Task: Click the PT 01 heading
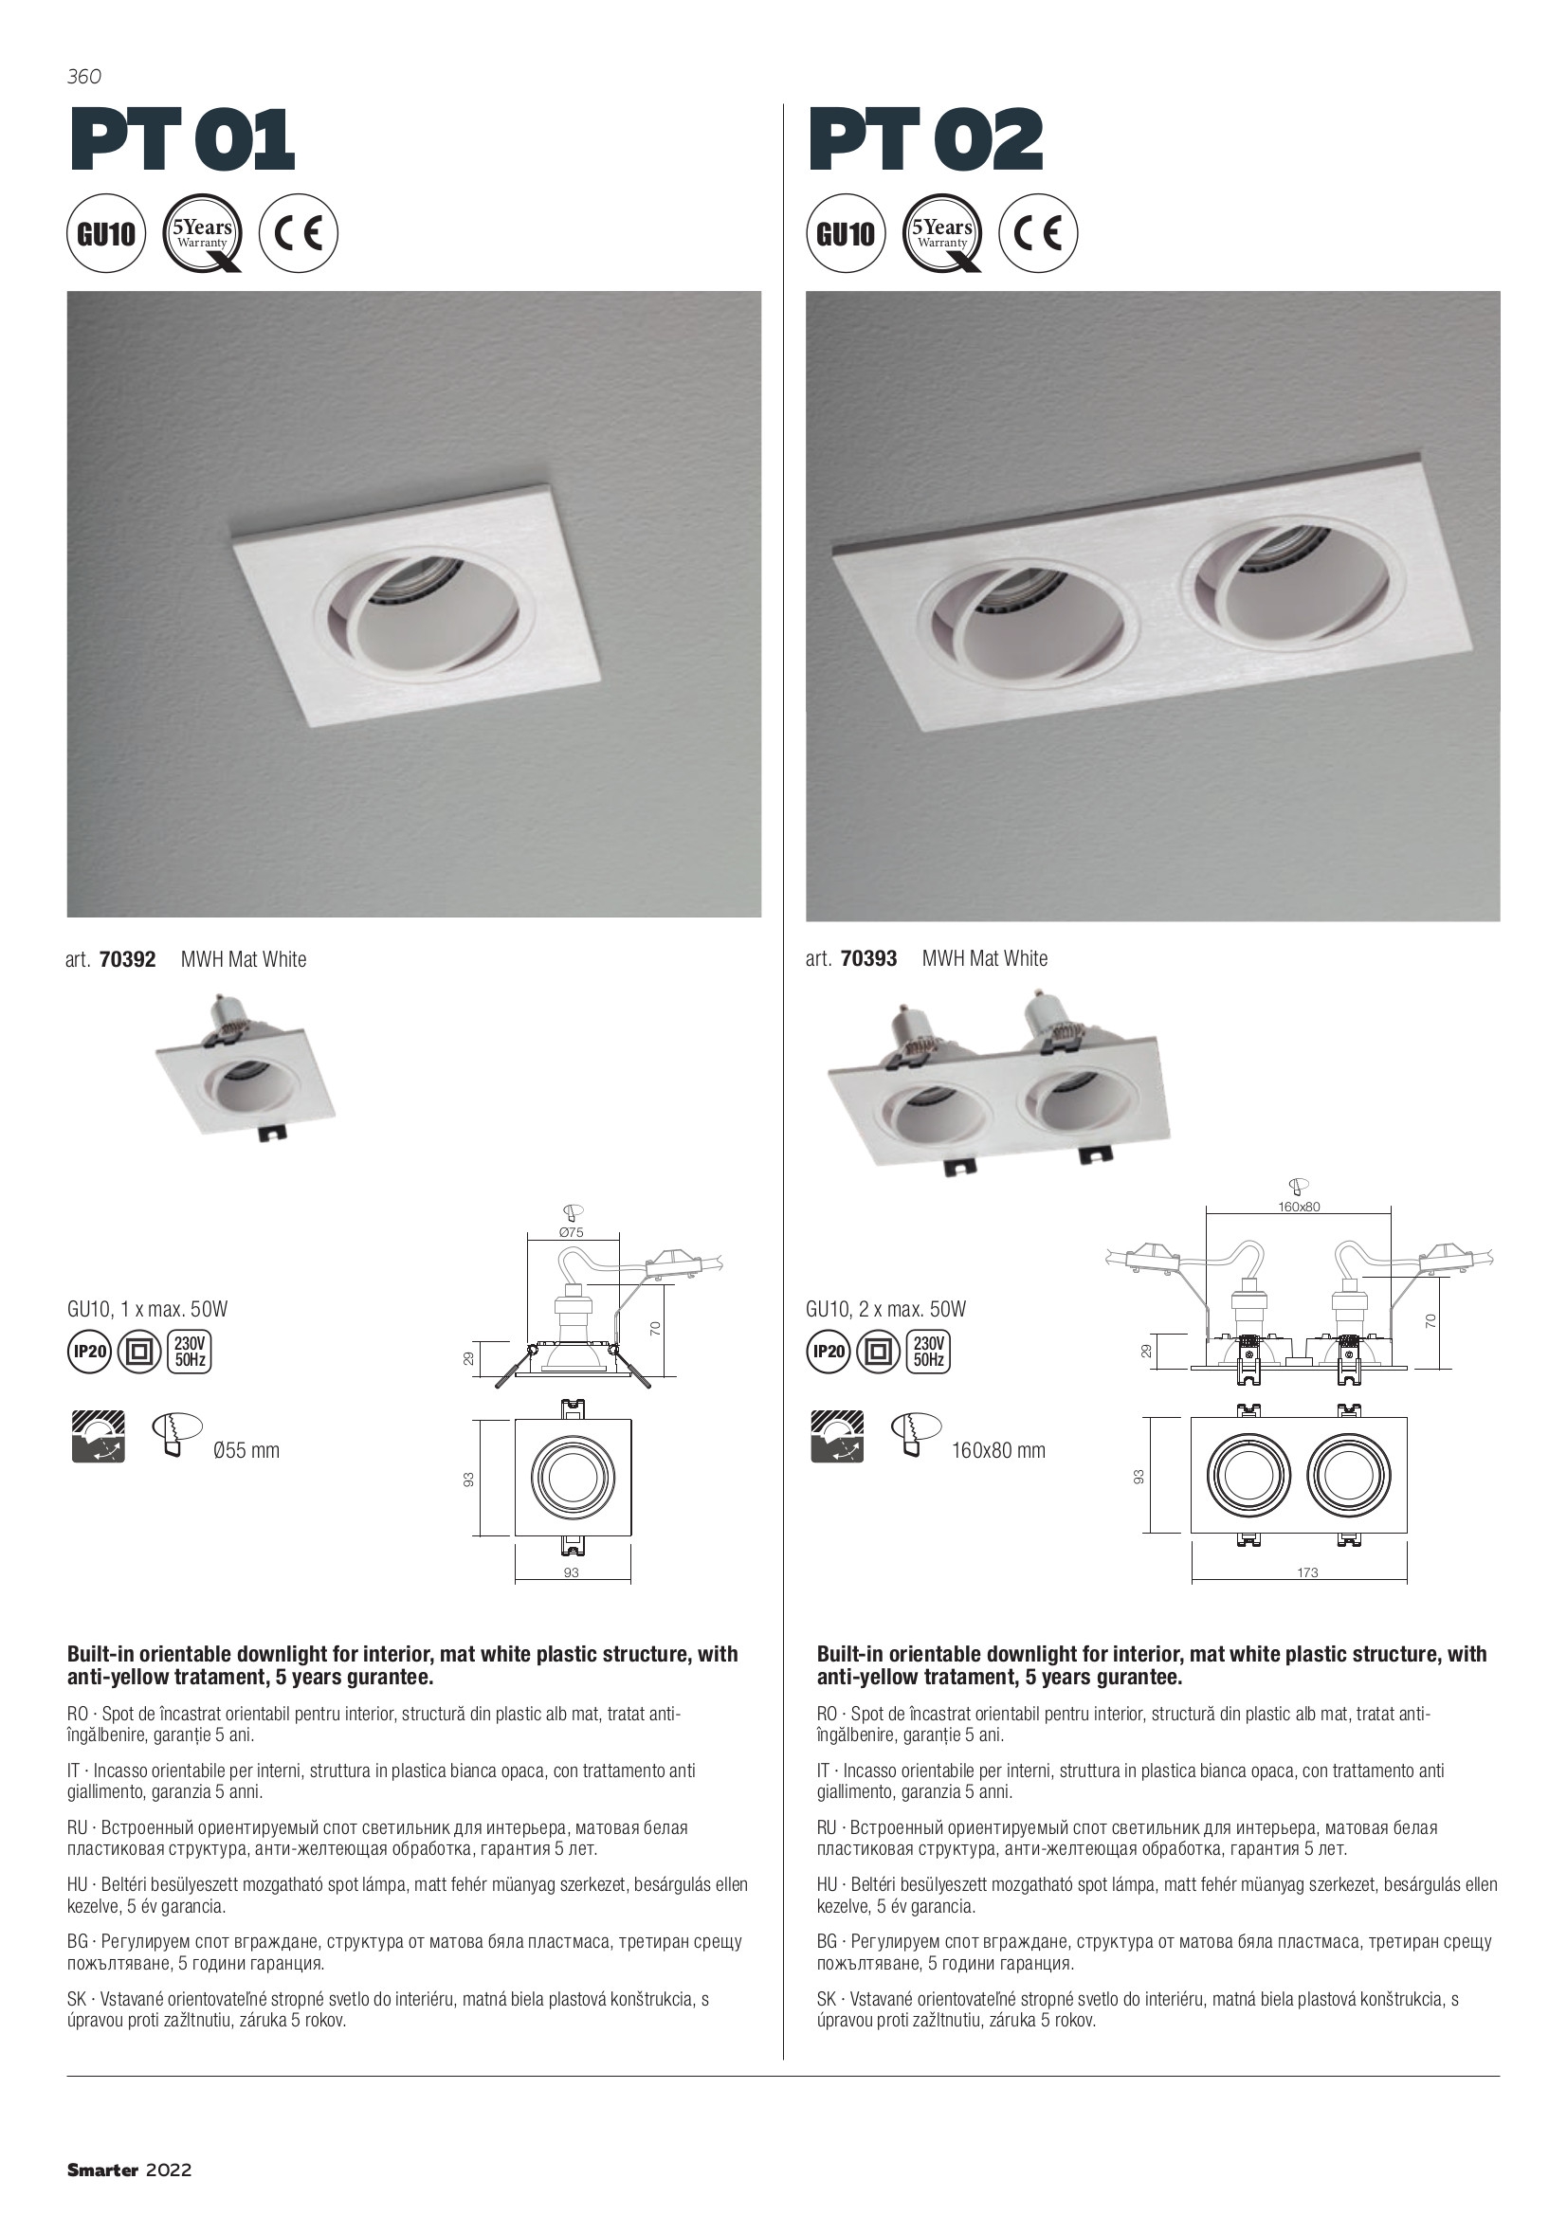click(x=181, y=140)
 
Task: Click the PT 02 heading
click(x=925, y=140)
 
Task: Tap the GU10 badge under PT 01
click(x=106, y=233)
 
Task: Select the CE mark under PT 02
click(x=1038, y=233)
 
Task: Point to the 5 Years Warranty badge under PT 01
click(x=203, y=233)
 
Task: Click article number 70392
click(x=127, y=959)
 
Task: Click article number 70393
click(x=869, y=958)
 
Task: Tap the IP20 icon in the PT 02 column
click(x=829, y=1352)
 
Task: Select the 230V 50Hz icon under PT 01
click(x=191, y=1352)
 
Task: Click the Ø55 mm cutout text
click(x=246, y=1450)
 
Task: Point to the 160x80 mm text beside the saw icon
click(x=998, y=1450)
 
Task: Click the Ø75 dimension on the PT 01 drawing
click(x=572, y=1232)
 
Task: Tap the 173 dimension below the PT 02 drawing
click(x=1307, y=1572)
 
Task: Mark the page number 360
click(x=84, y=75)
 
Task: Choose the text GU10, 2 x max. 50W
click(x=886, y=1310)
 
